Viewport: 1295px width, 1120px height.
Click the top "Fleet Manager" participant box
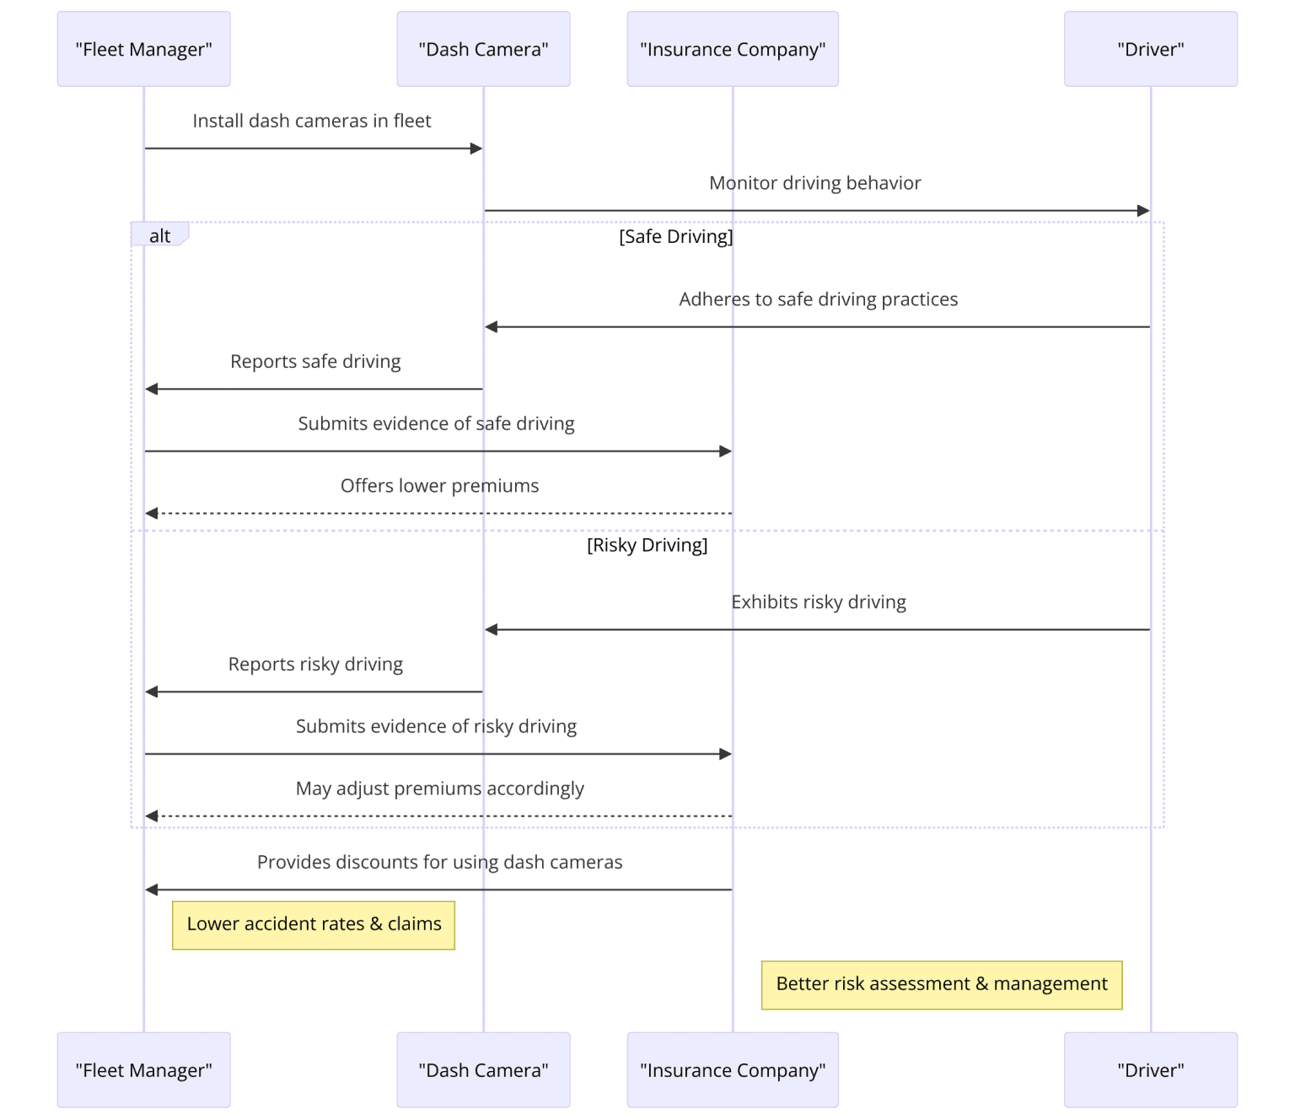pyautogui.click(x=143, y=49)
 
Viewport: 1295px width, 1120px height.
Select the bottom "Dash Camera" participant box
pyautogui.click(x=483, y=1069)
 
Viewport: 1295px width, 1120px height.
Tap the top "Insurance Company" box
pyautogui.click(x=733, y=49)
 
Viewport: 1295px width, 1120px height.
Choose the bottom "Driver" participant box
pyautogui.click(x=1150, y=1069)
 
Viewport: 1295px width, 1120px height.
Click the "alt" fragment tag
pyautogui.click(x=159, y=234)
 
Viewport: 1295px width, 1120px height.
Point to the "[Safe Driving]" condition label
pyautogui.click(x=675, y=236)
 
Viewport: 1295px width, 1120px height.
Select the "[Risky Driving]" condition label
pyautogui.click(x=647, y=545)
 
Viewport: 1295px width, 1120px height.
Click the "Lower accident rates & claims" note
pyautogui.click(x=314, y=924)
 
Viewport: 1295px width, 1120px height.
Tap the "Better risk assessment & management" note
pyautogui.click(x=942, y=984)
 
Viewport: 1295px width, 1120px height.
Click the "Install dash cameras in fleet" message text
pyautogui.click(x=311, y=121)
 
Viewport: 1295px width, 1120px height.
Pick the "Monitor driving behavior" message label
pyautogui.click(x=814, y=182)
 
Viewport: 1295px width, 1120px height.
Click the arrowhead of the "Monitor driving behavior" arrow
pyautogui.click(x=1143, y=211)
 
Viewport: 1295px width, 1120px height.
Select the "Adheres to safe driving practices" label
pyautogui.click(x=818, y=299)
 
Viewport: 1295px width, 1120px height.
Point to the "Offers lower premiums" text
pyautogui.click(x=439, y=485)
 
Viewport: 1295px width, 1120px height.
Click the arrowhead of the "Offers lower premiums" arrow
pyautogui.click(x=152, y=514)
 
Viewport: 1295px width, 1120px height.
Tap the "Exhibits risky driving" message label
pyautogui.click(x=818, y=601)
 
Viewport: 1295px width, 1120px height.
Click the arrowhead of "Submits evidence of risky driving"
pyautogui.click(x=726, y=754)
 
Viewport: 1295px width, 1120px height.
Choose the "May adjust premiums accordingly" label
pyautogui.click(x=439, y=788)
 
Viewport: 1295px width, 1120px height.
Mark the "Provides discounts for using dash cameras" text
pyautogui.click(x=439, y=862)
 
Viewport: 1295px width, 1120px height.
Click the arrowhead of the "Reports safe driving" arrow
pyautogui.click(x=152, y=389)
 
